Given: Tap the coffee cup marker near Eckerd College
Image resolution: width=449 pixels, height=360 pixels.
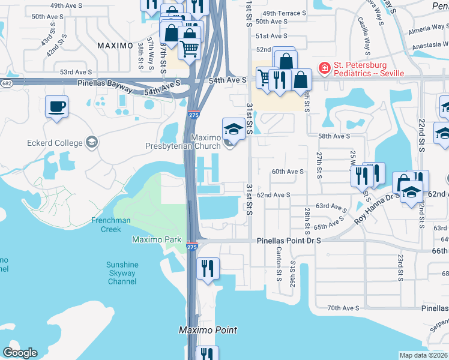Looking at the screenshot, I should [x=56, y=107].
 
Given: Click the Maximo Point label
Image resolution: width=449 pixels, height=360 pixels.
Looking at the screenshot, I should [x=208, y=330].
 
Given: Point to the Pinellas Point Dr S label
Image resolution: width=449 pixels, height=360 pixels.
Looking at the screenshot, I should [x=289, y=240].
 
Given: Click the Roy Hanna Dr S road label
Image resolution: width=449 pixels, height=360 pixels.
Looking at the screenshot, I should [x=377, y=207].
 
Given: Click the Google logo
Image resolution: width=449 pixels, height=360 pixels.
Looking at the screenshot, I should [x=20, y=353].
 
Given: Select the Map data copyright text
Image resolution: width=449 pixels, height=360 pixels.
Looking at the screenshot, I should [x=423, y=355].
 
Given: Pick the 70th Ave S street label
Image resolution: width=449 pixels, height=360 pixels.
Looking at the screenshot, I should [x=343, y=308].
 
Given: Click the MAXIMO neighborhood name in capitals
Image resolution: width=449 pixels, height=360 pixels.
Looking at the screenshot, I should [x=115, y=46].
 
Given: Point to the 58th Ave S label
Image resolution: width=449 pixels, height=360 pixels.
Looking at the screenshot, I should [x=334, y=136].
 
